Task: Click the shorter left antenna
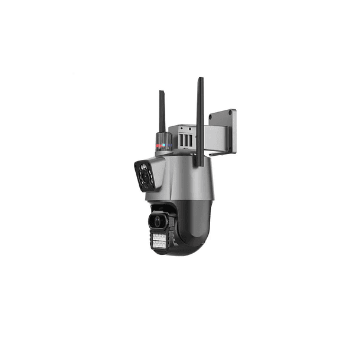162,112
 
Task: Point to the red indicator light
159,143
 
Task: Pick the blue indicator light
167,143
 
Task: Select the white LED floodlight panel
159,240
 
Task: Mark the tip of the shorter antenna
161,92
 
